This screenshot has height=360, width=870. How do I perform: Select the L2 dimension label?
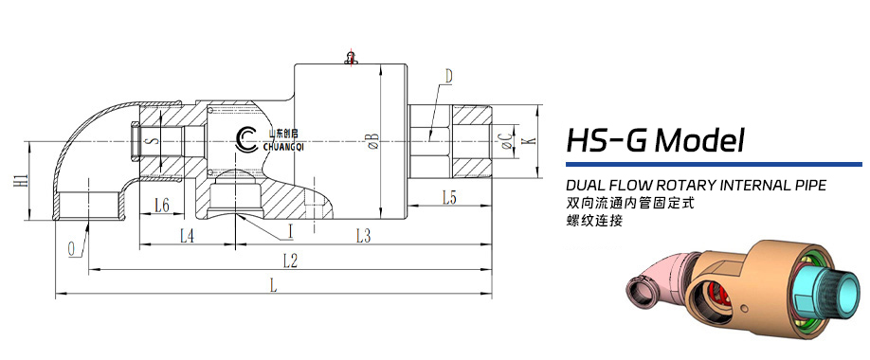coord(290,261)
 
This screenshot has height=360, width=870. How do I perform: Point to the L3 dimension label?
coord(363,234)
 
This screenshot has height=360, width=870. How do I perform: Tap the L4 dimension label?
coord(187,234)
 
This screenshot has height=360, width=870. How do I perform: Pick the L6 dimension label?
coord(161,205)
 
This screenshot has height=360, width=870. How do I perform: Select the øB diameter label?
coord(372,139)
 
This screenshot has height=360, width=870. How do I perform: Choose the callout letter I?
coord(290,230)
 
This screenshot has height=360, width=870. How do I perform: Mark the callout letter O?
coord(72,248)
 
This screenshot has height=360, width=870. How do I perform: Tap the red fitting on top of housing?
coord(351,56)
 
